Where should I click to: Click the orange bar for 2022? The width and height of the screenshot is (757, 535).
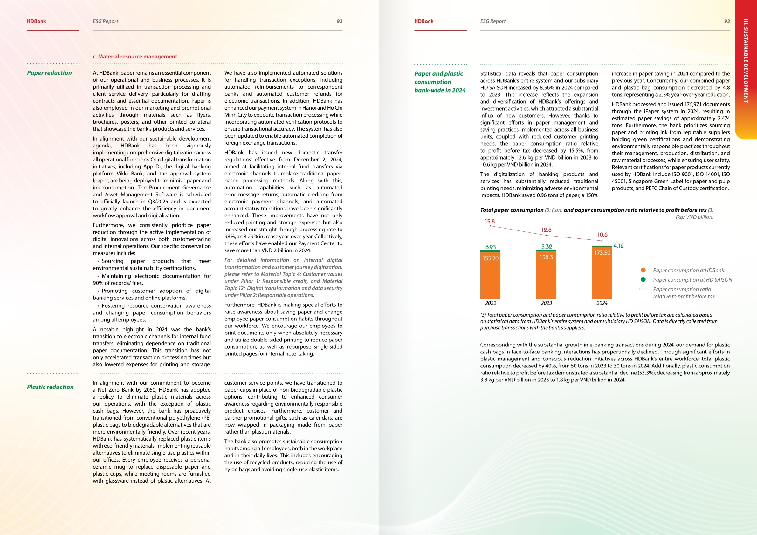[490, 276]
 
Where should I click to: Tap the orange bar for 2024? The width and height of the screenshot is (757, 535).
[602, 273]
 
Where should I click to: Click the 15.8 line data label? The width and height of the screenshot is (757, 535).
[490, 222]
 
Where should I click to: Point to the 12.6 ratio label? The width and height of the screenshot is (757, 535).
[546, 230]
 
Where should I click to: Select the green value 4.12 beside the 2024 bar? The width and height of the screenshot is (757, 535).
[618, 246]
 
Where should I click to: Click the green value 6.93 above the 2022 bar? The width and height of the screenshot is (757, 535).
[491, 247]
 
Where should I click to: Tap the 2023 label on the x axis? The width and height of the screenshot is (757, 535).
[546, 303]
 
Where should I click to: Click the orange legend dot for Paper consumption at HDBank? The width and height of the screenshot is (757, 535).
[643, 270]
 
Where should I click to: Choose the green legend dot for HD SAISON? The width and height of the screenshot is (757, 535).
[643, 279]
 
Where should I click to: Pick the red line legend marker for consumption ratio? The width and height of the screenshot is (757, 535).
[643, 289]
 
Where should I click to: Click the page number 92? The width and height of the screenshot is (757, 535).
[339, 21]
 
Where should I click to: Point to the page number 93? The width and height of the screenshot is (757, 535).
[727, 21]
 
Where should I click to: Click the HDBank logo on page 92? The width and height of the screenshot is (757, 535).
[37, 21]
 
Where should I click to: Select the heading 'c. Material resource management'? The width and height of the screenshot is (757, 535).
[135, 57]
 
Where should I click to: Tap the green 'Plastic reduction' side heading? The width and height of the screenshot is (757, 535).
[50, 387]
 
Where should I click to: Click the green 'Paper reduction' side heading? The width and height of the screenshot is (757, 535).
[50, 73]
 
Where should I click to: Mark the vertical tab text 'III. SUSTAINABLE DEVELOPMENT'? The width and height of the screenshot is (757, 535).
[746, 61]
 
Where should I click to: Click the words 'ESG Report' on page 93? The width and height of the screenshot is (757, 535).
[492, 21]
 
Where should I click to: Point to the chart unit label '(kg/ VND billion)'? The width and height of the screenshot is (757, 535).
[694, 217]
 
